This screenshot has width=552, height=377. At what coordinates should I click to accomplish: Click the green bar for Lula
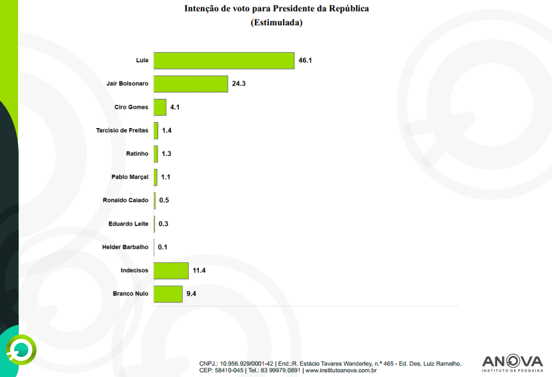point(224,61)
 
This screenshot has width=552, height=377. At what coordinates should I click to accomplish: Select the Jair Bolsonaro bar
point(191,84)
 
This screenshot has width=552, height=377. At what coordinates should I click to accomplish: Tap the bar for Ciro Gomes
point(160,107)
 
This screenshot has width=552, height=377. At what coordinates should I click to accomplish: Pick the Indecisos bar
point(171,270)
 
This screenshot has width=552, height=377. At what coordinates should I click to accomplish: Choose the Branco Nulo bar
point(168,294)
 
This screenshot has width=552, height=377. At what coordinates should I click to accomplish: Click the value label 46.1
point(306,61)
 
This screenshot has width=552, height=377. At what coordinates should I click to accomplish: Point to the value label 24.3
point(240,84)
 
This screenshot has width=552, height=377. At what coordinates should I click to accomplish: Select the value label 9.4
point(192,294)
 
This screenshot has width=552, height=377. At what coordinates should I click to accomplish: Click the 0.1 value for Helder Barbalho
point(162,247)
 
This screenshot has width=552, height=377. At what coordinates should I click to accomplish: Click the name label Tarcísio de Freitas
point(122,131)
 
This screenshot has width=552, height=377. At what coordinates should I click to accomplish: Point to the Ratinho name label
point(137,154)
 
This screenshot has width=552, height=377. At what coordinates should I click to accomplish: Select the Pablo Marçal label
point(129,177)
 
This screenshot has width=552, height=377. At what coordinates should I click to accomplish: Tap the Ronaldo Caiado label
point(125,200)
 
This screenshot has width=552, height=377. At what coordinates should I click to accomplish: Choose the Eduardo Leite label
point(128,224)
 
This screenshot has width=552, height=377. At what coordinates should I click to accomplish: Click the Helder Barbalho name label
point(125,247)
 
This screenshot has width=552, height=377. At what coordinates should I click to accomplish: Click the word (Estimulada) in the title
point(276,23)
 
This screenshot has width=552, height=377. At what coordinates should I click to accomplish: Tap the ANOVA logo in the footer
point(512,362)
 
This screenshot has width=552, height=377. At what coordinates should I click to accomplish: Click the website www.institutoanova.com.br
point(340,370)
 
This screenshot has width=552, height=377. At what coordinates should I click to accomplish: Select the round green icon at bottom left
point(21,348)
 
